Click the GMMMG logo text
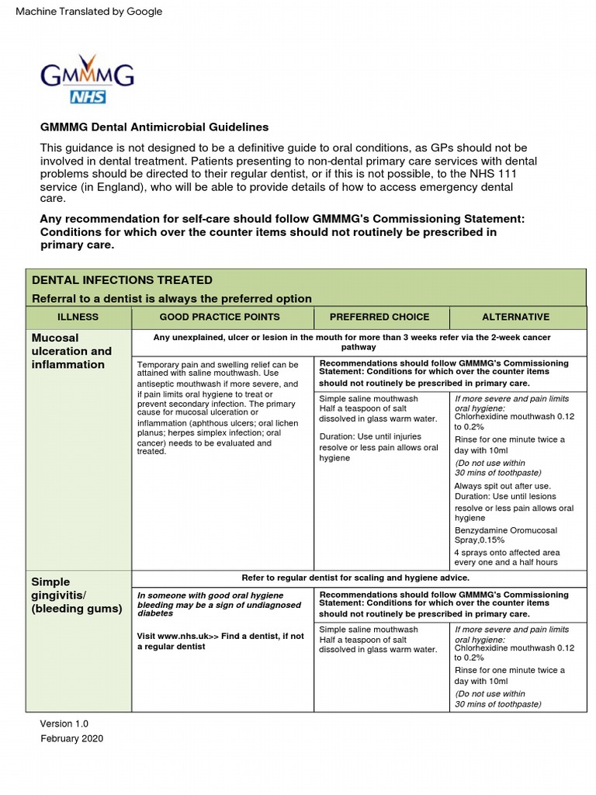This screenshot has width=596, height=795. [87, 75]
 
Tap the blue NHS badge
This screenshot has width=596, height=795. [88, 96]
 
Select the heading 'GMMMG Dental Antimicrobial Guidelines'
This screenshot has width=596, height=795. [154, 127]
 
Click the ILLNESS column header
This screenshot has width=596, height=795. [78, 317]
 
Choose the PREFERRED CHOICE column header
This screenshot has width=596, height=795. [379, 317]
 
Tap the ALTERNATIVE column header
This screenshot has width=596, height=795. [515, 317]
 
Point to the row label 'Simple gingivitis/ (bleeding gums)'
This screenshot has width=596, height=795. [76, 595]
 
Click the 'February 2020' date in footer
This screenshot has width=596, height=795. [71, 738]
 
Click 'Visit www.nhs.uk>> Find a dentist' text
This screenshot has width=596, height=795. [220, 641]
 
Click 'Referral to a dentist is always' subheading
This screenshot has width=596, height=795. [171, 298]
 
